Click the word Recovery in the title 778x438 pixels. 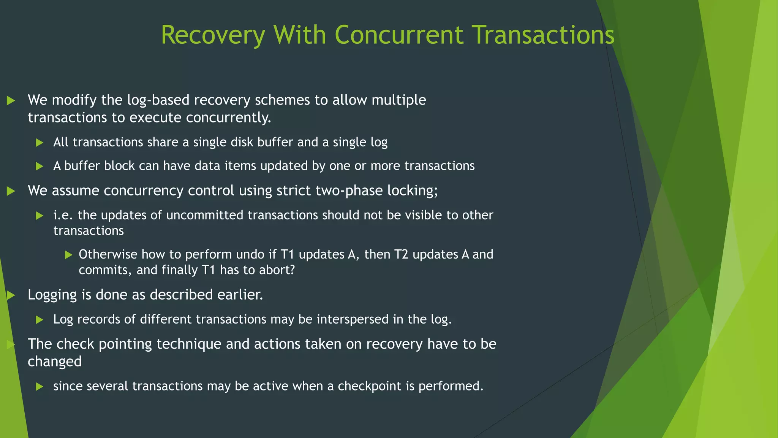(213, 35)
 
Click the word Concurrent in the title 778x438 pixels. (399, 35)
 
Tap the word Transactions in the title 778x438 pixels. (544, 35)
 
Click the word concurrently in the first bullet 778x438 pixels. (228, 118)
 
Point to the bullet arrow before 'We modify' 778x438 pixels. (11, 101)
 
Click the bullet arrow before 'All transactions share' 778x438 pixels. (40, 143)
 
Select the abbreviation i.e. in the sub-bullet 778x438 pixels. (63, 215)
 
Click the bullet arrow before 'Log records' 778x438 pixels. (40, 320)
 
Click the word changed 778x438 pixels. (55, 362)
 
